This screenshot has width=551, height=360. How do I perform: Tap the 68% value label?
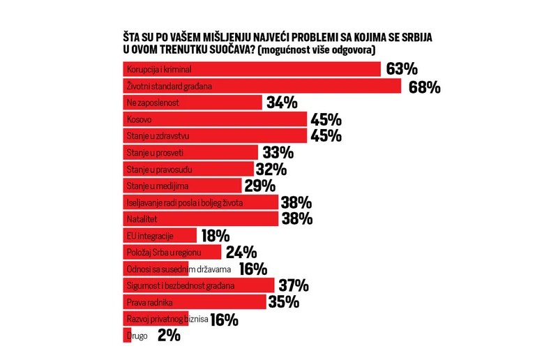[423, 87]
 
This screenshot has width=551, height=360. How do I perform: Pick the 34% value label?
[282, 103]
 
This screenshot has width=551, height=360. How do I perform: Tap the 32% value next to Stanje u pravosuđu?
[271, 170]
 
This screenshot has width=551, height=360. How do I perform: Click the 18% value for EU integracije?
[215, 236]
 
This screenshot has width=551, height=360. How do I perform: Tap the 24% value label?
[241, 253]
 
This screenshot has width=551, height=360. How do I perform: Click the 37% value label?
[293, 285]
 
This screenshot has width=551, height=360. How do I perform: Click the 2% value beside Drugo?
[169, 336]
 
